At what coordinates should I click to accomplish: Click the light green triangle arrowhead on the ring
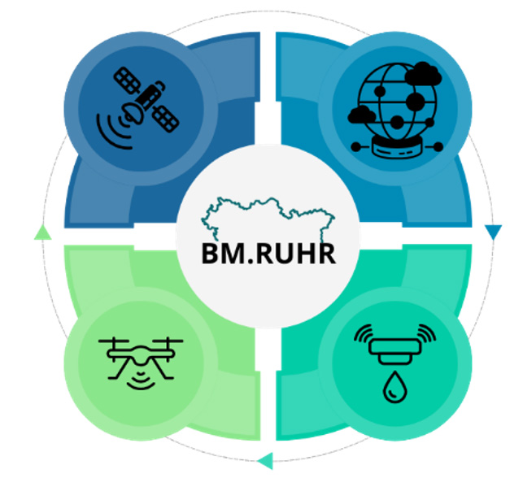point(42,233)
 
